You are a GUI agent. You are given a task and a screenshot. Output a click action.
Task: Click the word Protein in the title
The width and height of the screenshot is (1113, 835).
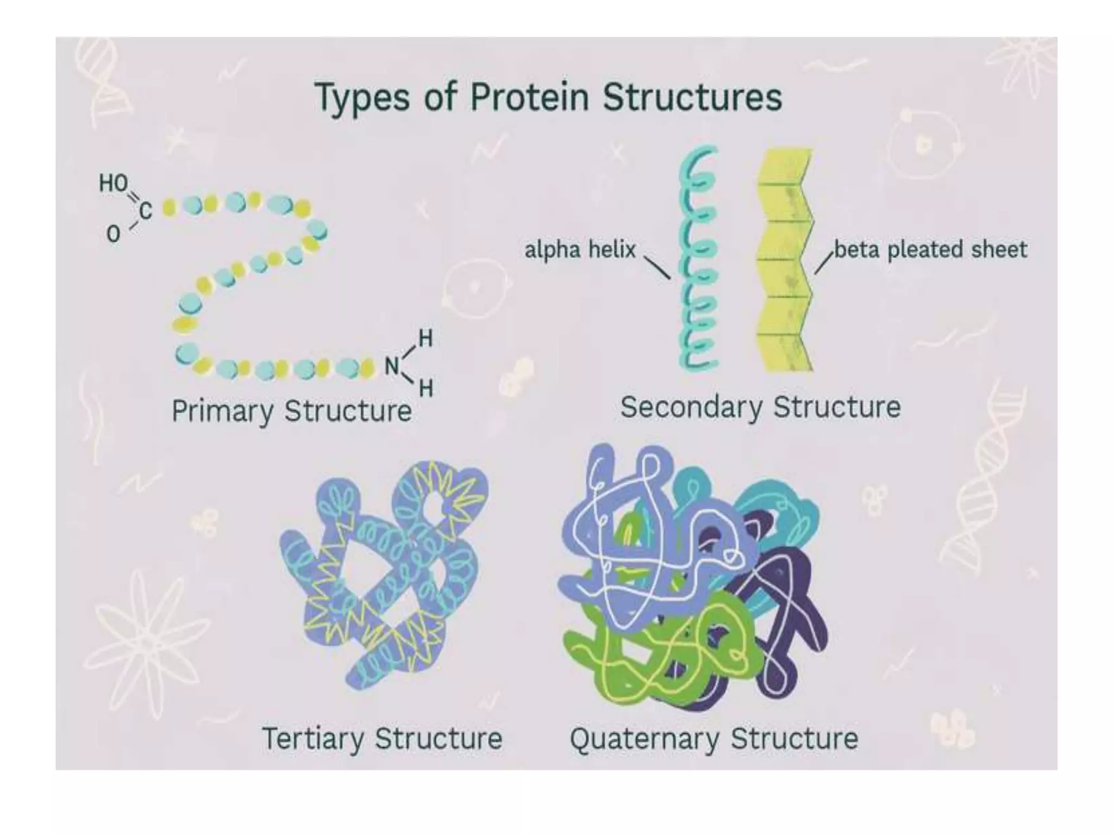coord(529,98)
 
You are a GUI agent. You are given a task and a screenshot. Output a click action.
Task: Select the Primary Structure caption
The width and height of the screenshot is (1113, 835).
coord(291,411)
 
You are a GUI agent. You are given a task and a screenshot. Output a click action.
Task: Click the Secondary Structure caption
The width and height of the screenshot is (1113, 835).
coord(760,408)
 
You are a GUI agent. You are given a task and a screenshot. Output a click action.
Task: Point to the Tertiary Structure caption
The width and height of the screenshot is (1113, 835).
coord(382,739)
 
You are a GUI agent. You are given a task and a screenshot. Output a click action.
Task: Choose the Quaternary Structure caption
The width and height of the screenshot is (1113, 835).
coord(714,739)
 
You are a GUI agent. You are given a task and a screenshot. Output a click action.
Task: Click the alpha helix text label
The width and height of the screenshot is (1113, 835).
coord(580,250)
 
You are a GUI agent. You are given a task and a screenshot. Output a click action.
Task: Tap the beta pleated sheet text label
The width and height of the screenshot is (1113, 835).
coord(930,250)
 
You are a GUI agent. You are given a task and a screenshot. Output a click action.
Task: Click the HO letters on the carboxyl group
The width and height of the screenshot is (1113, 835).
coord(113,184)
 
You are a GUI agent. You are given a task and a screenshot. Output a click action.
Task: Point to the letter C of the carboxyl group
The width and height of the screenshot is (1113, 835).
coord(145,210)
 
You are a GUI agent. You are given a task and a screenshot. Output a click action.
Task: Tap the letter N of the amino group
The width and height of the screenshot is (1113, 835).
coord(392,366)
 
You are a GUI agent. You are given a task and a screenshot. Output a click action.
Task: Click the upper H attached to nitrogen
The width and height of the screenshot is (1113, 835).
coord(426,339)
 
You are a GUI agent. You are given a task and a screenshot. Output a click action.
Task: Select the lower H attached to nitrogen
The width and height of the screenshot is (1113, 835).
coord(426,388)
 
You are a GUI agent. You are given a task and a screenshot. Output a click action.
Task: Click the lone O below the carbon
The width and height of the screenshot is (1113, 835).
coord(113,234)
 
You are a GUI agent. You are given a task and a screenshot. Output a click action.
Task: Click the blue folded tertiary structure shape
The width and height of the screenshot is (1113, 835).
coord(380,571)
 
